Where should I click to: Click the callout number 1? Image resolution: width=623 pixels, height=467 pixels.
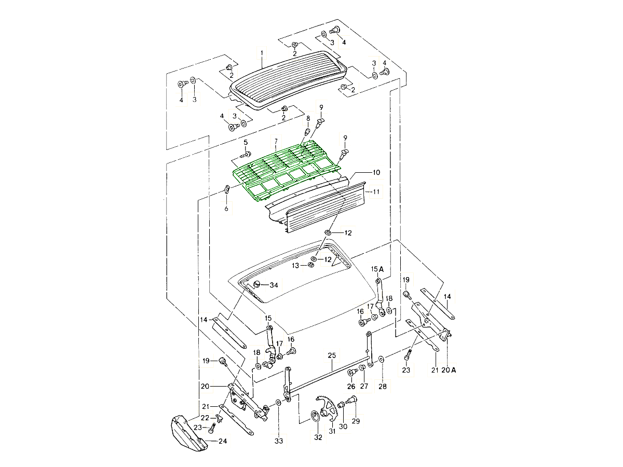[x=262, y=52]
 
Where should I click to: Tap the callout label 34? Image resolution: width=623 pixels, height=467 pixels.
[x=274, y=285]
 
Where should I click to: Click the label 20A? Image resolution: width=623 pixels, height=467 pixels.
[x=450, y=370]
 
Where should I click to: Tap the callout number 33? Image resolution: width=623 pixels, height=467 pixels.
[x=279, y=441]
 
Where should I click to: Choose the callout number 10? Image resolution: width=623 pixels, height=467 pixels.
[x=376, y=172]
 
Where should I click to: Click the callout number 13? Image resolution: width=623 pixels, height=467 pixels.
[x=295, y=265]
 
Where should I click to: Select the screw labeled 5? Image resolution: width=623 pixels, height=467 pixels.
[x=247, y=154]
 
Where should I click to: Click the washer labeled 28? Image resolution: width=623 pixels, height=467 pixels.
[x=382, y=359]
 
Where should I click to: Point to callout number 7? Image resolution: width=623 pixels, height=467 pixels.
[x=276, y=141]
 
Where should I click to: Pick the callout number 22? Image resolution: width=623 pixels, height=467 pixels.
[x=205, y=418]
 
